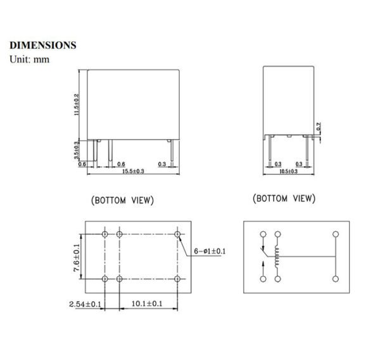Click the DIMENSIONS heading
[43, 46]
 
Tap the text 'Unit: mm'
[29, 59]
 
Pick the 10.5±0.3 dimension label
[289, 171]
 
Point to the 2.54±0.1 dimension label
[85, 304]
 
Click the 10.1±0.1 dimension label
[148, 304]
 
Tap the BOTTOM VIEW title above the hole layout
[123, 200]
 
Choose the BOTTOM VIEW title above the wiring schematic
[284, 199]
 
